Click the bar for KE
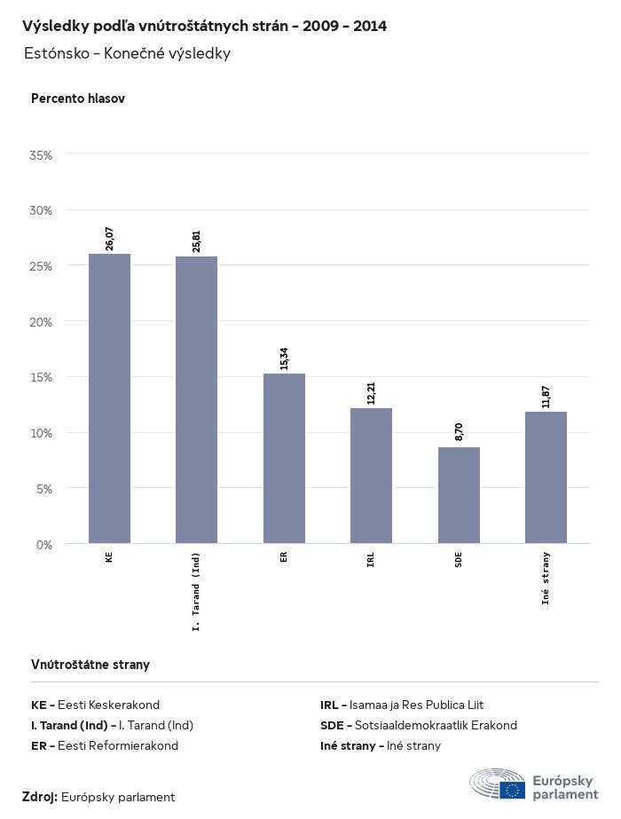coord(109,398)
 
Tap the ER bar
coord(284,458)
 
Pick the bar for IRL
coord(371,476)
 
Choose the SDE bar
coord(459,495)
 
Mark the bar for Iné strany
coord(546,477)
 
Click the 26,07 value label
coord(110,239)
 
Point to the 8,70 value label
coord(459,432)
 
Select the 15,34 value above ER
coord(284,358)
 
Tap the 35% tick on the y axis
coord(42,155)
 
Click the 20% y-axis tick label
coord(42,322)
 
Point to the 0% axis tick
coord(44,544)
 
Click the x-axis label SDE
coord(459,560)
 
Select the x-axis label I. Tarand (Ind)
coord(197,590)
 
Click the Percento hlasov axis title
coord(78,98)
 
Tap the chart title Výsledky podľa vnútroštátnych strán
coord(204,26)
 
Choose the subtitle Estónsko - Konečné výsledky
coord(127,53)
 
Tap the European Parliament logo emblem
coord(499,785)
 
